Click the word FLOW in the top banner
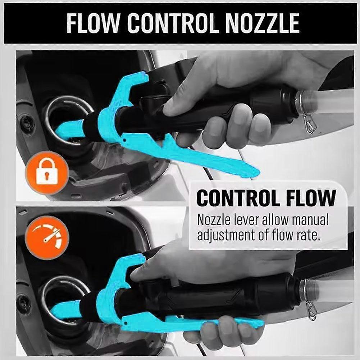pyautogui.click(x=94, y=23)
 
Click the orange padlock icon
pyautogui.click(x=47, y=173)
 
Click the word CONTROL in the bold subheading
pyautogui.click(x=238, y=198)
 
